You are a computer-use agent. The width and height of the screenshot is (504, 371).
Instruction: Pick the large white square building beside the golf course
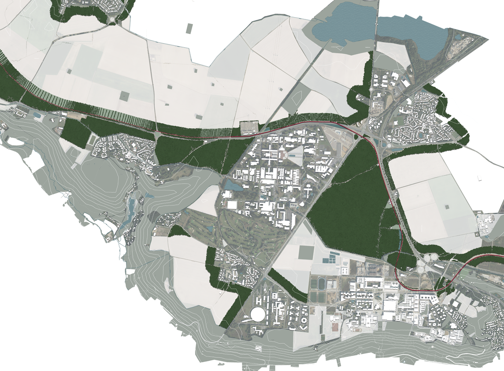(x=232, y=205)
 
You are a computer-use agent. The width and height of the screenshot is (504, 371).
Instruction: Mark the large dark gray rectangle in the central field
(x=306, y=252)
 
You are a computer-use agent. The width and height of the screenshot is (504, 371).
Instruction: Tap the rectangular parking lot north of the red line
(x=249, y=127)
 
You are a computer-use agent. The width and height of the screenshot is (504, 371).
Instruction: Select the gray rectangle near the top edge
(x=189, y=29)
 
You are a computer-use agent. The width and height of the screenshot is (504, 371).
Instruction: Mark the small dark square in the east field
(x=448, y=207)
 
